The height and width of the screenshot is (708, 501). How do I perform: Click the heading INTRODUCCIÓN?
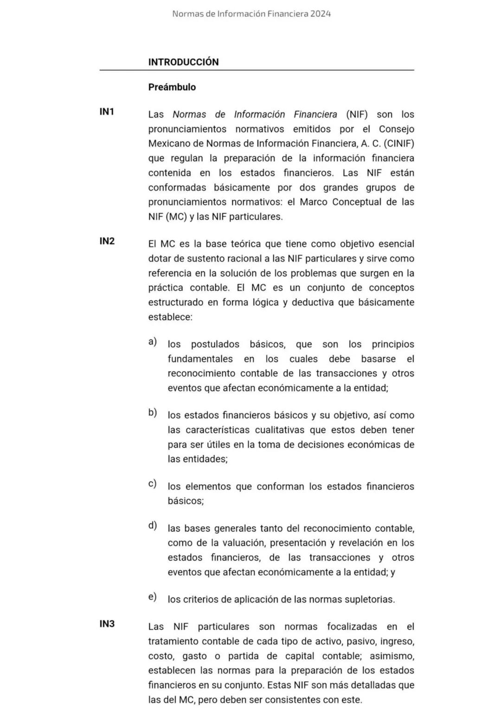pyautogui.click(x=183, y=62)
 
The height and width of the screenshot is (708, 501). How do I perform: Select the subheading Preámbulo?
pyautogui.click(x=172, y=87)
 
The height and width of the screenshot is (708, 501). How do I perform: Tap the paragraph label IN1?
pyautogui.click(x=107, y=112)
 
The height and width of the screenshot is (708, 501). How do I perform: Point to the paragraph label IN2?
pyautogui.click(x=107, y=241)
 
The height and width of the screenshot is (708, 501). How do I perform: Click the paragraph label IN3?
pyautogui.click(x=107, y=624)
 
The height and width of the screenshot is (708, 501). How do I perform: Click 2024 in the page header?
pyautogui.click(x=321, y=14)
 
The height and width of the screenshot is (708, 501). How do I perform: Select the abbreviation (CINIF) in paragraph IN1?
pyautogui.click(x=398, y=144)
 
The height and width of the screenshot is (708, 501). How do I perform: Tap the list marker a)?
pyautogui.click(x=152, y=342)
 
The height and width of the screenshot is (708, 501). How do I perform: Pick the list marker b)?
pyautogui.click(x=152, y=412)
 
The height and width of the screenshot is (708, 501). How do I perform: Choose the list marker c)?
pyautogui.click(x=152, y=484)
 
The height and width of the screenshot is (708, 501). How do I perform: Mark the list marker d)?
pyautogui.click(x=152, y=525)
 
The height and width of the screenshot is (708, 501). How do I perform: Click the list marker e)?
pyautogui.click(x=152, y=597)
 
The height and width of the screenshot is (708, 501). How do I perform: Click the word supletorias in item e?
pyautogui.click(x=369, y=600)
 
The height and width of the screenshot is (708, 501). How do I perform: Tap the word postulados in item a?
pyautogui.click(x=215, y=344)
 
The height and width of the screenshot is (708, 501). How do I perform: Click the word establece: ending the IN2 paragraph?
pyautogui.click(x=170, y=317)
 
